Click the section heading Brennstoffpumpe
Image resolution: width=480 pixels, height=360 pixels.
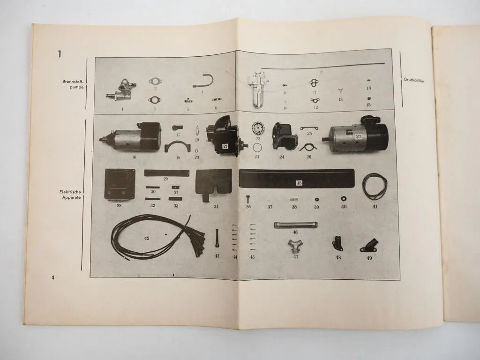pos(74,84)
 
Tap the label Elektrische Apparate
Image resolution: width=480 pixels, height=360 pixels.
pos(71,195)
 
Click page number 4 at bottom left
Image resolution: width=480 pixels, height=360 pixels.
pos(53,277)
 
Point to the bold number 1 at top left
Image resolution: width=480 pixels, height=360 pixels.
pos(59,54)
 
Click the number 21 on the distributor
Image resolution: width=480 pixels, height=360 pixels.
pos(225,147)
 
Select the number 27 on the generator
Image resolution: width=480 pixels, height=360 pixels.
pos(358,136)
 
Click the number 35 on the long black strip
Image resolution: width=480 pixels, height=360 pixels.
pos(299,183)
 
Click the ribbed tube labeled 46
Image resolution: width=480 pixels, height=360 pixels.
pos(295,225)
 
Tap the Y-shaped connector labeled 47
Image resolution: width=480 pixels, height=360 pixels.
pos(296,245)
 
